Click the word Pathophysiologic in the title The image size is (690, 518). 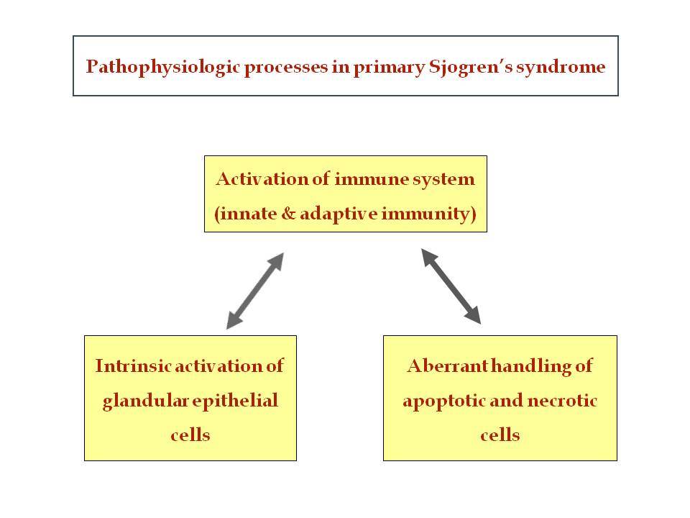tap(163, 67)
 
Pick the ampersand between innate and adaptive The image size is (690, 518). tap(288, 214)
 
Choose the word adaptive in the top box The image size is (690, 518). tap(339, 214)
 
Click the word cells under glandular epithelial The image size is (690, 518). tap(190, 435)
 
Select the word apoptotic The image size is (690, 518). tap(443, 401)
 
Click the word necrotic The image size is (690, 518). tap(562, 401)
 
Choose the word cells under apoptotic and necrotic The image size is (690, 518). tap(500, 435)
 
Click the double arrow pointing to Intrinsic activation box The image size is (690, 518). tap(254, 291)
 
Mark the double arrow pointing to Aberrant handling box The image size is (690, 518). tap(451, 286)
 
